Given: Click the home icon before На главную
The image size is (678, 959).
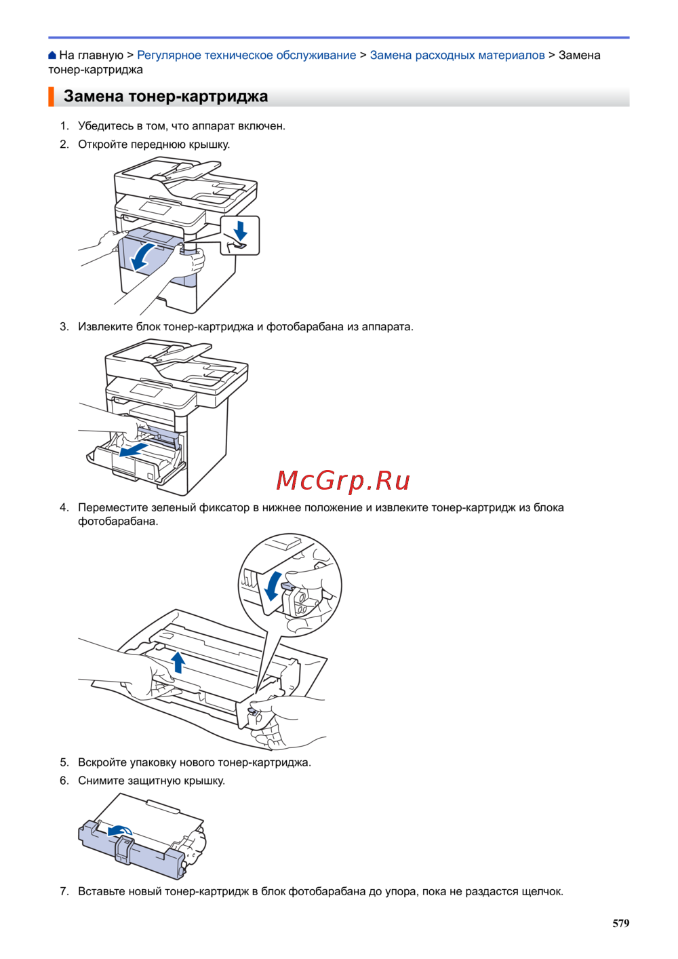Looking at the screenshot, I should pyautogui.click(x=52, y=55).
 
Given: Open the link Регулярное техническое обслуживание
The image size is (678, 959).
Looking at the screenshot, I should pyautogui.click(x=246, y=55).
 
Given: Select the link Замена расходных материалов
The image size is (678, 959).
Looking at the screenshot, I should pyautogui.click(x=457, y=55).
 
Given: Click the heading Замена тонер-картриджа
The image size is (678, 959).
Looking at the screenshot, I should pyautogui.click(x=165, y=96).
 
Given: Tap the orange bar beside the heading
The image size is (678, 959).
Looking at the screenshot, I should pyautogui.click(x=51, y=96).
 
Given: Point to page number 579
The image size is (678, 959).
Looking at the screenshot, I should pyautogui.click(x=620, y=923).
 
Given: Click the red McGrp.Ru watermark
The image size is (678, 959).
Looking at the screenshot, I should pyautogui.click(x=343, y=480).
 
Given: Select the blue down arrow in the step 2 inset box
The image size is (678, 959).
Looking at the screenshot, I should pyautogui.click(x=240, y=230).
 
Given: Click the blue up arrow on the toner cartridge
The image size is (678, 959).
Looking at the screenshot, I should pyautogui.click(x=178, y=661).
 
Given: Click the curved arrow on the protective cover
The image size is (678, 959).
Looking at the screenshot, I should pyautogui.click(x=121, y=831).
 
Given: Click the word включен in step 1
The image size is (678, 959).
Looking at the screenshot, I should pyautogui.click(x=262, y=125).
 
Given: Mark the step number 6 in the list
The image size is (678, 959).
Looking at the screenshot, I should pyautogui.click(x=64, y=781).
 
